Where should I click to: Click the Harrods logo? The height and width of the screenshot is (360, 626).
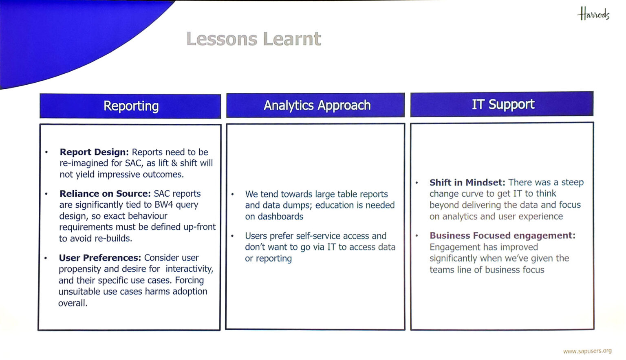pyautogui.click(x=593, y=14)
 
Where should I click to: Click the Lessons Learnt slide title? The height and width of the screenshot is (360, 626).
pyautogui.click(x=254, y=39)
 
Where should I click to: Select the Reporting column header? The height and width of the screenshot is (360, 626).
pyautogui.click(x=130, y=106)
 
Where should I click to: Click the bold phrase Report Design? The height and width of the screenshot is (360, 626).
pyautogui.click(x=94, y=152)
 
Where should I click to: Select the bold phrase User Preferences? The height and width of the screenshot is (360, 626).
pyautogui.click(x=100, y=257)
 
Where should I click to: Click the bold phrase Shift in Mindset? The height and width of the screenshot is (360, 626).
pyautogui.click(x=467, y=182)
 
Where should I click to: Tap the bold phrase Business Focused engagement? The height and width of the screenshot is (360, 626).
pyautogui.click(x=503, y=235)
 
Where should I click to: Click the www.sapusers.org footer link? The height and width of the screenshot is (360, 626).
pyautogui.click(x=587, y=351)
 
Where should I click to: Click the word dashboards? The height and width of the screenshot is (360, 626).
pyautogui.click(x=280, y=216)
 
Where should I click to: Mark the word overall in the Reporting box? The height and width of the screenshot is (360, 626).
pyautogui.click(x=72, y=303)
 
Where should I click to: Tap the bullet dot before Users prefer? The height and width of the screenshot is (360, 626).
pyautogui.click(x=232, y=236)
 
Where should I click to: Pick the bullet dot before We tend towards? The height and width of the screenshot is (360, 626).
pyautogui.click(x=232, y=194)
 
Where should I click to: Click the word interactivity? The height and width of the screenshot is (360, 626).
pyautogui.click(x=189, y=269)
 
